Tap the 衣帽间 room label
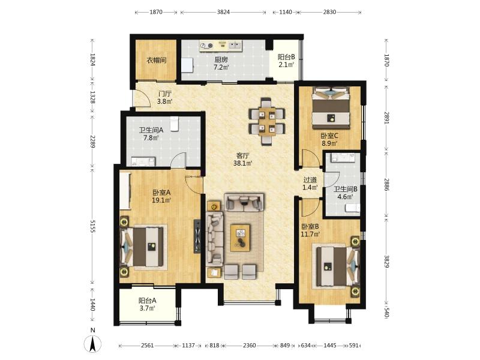pyautogui.click(x=157, y=60)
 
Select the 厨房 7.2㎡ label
pyautogui.click(x=221, y=64)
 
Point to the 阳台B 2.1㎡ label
pyautogui.click(x=286, y=61)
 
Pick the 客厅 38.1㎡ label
pyautogui.click(x=243, y=160)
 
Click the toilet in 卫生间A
pyautogui.click(x=175, y=124)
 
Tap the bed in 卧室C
pyautogui.click(x=331, y=108)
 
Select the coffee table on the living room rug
pyautogui.click(x=241, y=238)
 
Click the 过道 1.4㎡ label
pyautogui.click(x=310, y=184)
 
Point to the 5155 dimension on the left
pyautogui.click(x=92, y=226)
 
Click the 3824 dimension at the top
pyautogui.click(x=223, y=12)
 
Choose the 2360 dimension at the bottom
pyautogui.click(x=249, y=346)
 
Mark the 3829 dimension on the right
pyautogui.click(x=386, y=261)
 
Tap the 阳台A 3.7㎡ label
pyautogui.click(x=147, y=305)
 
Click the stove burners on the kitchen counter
pyautogui.click(x=206, y=46)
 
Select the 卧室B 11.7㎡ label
pyautogui.click(x=310, y=230)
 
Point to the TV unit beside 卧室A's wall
pyautogui.click(x=197, y=236)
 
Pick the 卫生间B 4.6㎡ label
pyautogui.click(x=346, y=193)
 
